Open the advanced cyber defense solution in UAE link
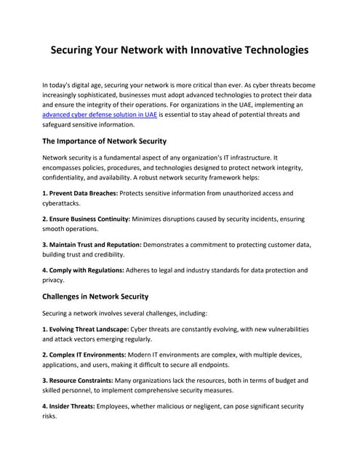[100, 115]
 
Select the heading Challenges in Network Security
[95, 296]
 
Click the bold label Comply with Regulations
[84, 270]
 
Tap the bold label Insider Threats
[71, 405]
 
